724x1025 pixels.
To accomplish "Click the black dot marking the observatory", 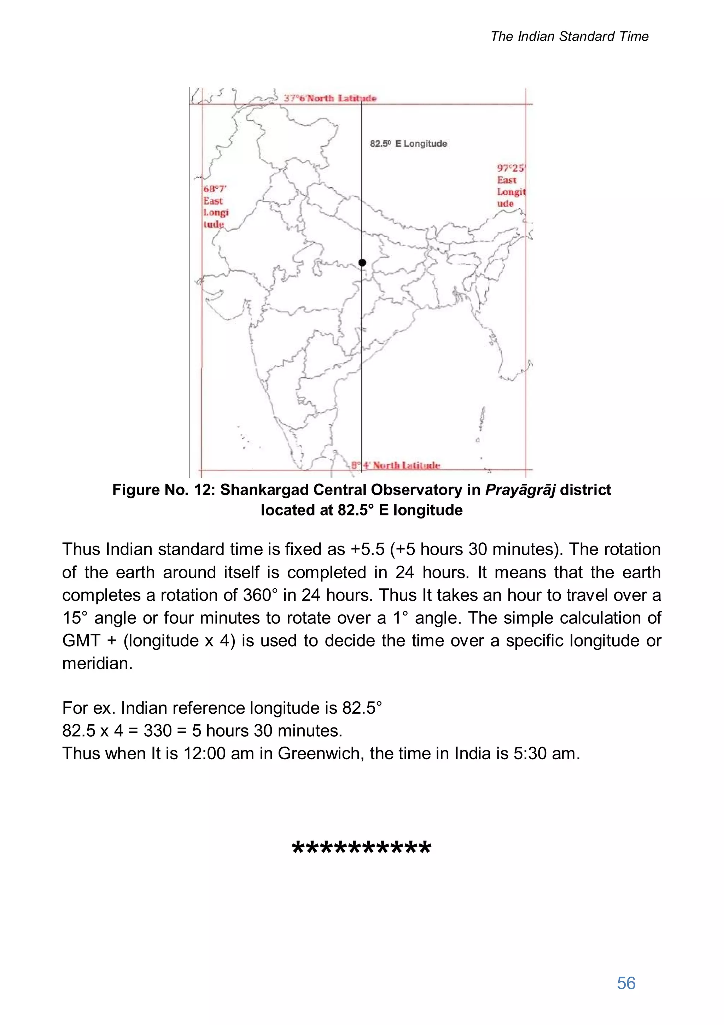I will pos(362,263).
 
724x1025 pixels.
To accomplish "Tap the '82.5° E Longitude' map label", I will pos(408,144).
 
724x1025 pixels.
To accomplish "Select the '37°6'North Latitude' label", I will pos(330,98).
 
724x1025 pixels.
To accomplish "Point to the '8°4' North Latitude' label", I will pos(395,465).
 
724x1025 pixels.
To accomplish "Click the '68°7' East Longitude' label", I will pos(216,207).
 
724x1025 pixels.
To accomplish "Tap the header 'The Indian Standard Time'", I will pos(569,37).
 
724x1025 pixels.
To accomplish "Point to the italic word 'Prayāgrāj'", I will pos(520,490).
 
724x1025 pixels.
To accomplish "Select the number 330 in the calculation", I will pos(158,730).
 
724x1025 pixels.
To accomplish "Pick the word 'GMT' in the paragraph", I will pos(81,640).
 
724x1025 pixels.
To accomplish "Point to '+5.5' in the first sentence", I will pos(368,549).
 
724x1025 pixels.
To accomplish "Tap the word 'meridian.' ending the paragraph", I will pos(97,664).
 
